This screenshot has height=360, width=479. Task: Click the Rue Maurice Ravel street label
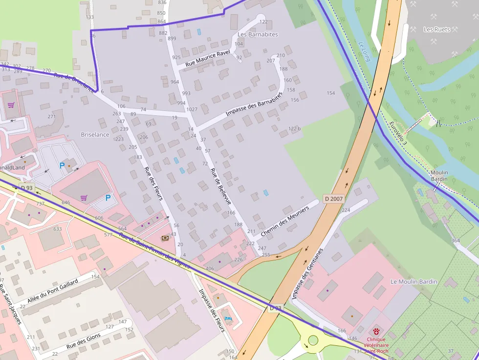207,59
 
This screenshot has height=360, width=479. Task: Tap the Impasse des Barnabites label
254,104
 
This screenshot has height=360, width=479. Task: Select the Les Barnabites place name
258,35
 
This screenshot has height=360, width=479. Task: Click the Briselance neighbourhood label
95,134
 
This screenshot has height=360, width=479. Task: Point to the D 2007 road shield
333,199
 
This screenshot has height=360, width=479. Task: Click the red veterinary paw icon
376,332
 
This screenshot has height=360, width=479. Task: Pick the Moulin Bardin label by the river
439,176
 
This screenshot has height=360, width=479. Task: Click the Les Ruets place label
436,29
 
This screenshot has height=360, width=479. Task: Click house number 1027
192,109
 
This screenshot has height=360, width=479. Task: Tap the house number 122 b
294,128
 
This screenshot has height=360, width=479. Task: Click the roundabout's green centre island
313,340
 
